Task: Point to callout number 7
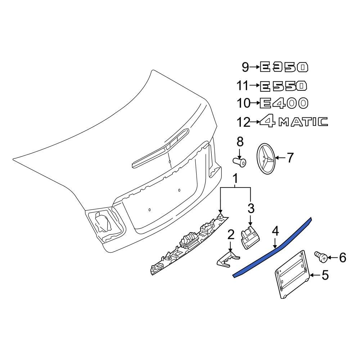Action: (x=290, y=158)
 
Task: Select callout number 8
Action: (x=240, y=141)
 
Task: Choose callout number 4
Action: (x=275, y=231)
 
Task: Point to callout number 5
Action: (x=325, y=275)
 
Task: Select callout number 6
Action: (x=342, y=257)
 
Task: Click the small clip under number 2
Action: (x=228, y=260)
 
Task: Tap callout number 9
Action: (x=245, y=67)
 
